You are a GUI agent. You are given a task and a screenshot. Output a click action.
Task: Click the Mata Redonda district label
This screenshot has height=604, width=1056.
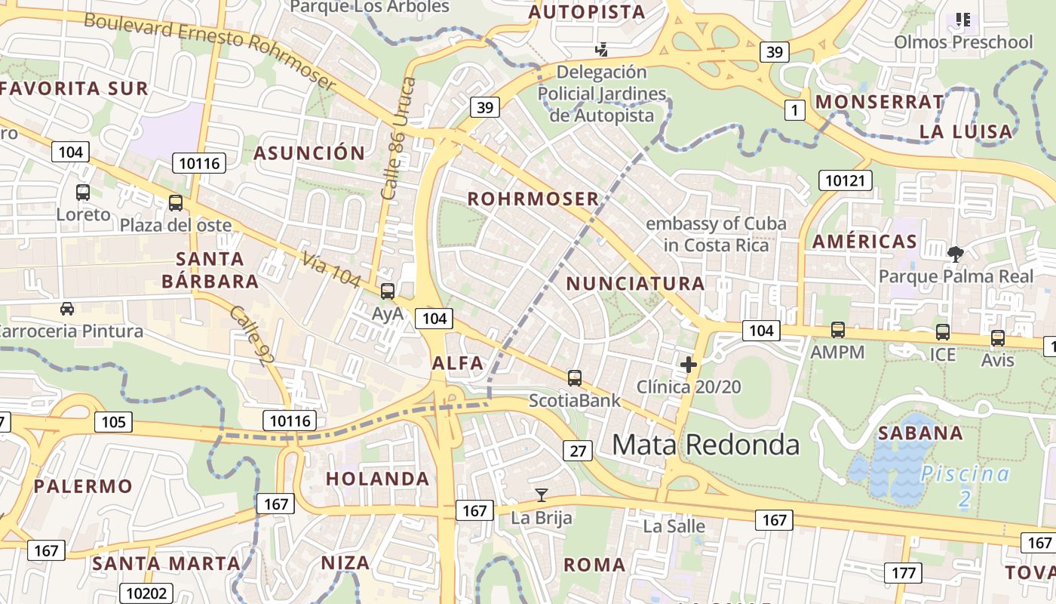pos(705,445)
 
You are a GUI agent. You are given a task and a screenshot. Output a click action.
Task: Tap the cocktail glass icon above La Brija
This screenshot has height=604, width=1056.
pos(541,495)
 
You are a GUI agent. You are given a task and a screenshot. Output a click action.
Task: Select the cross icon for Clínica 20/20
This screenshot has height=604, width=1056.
pos(688,365)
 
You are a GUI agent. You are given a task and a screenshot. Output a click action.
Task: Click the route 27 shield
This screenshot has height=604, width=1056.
pos(577,451)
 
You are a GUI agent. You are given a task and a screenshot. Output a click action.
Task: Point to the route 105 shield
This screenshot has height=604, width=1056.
pos(113,421)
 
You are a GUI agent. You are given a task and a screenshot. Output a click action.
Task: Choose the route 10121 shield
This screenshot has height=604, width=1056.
pos(846,180)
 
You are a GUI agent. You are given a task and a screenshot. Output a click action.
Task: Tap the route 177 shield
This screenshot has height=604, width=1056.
pos(903,572)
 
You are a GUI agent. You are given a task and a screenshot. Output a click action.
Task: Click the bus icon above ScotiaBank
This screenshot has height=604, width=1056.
pos(575,377)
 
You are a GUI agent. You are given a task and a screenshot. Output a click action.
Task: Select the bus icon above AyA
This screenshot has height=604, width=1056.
pos(388,291)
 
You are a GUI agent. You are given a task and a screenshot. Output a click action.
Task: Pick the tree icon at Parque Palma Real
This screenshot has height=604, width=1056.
pos(956,254)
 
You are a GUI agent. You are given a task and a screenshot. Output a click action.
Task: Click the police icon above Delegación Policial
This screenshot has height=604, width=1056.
pos(601,50)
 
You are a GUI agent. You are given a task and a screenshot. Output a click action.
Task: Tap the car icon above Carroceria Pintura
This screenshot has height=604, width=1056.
pos(67,308)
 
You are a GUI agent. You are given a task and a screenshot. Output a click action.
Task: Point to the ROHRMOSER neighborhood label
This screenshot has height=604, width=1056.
pos(533,199)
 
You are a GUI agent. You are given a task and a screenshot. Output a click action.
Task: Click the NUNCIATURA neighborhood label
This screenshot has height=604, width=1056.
pos(635,284)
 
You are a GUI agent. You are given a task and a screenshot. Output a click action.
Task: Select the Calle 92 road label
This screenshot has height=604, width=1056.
pos(252,336)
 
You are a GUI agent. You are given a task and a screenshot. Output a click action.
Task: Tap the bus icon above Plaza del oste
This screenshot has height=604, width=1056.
pos(176,202)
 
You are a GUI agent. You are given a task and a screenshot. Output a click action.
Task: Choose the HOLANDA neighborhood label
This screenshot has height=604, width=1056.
pos(377,479)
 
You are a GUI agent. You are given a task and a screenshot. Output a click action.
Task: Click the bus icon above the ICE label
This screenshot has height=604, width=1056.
pos(943,331)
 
